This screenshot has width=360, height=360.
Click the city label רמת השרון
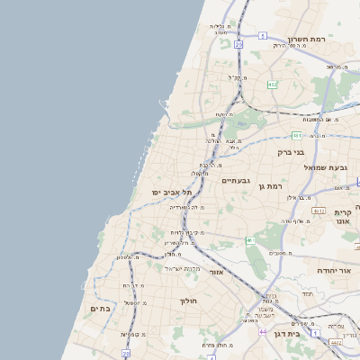tap(310, 39)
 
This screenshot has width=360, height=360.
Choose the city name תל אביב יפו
tap(175, 193)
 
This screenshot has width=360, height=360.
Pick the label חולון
tap(188, 301)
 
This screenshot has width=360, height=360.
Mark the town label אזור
tap(215, 272)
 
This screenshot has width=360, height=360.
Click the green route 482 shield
tap(272, 85)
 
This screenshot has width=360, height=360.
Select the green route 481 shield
tap(297, 135)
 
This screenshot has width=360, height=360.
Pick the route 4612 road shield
tap(319, 210)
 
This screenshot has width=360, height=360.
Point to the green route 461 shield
tap(249, 241)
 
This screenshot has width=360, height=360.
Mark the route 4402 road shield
tap(336, 342)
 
